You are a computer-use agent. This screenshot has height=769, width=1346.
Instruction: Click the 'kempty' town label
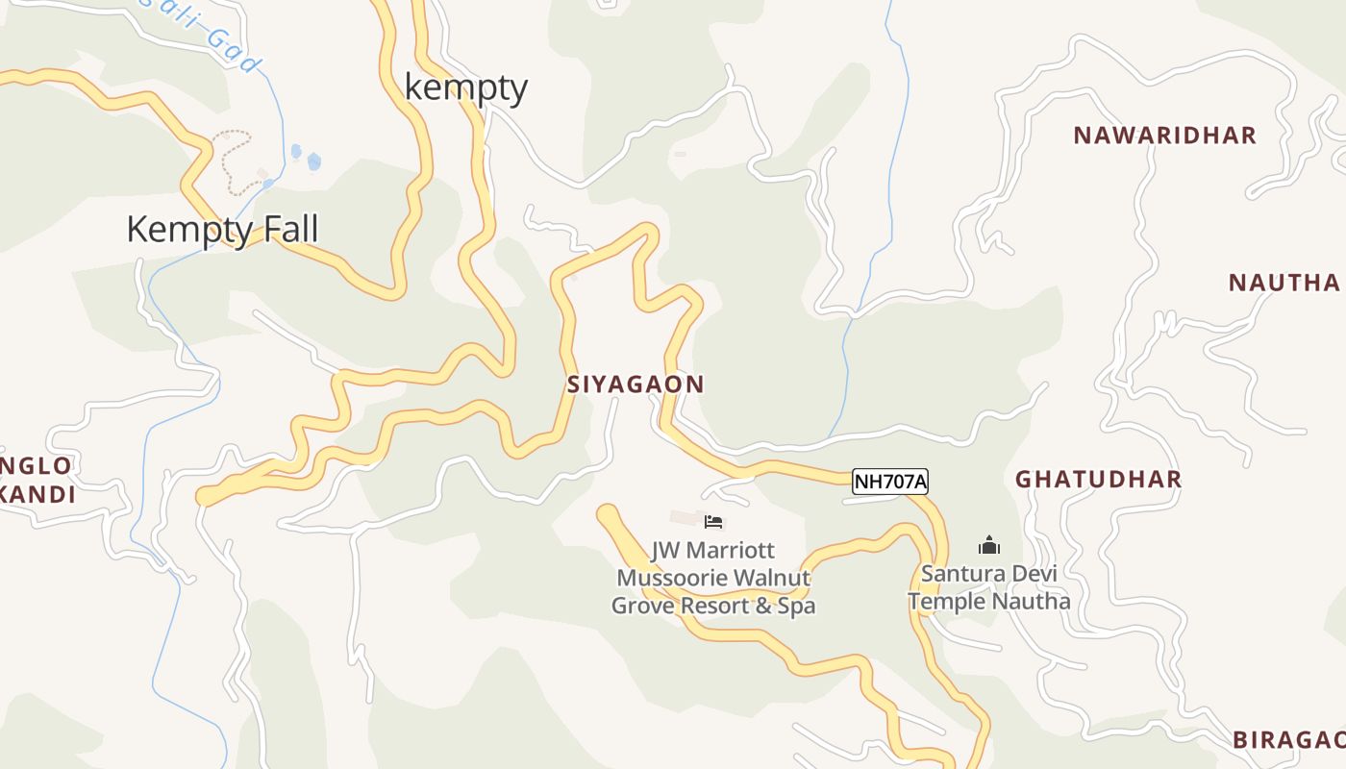point(466,87)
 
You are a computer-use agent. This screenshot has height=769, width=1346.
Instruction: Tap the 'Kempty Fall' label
point(222,230)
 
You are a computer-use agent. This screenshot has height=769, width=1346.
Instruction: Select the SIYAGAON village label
point(636,384)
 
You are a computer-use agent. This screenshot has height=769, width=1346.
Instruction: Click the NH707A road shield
point(890,482)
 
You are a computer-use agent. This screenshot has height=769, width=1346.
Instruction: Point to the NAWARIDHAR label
point(1164,136)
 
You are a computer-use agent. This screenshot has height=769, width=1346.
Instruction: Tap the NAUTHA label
point(1284,283)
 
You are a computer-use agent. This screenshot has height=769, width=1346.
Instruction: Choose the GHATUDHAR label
point(1098,479)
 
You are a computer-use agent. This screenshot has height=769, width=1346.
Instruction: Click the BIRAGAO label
point(1288,739)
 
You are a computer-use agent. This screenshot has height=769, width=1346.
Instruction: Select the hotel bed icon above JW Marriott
point(713,522)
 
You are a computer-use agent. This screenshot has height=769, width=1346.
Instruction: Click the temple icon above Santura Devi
point(989,546)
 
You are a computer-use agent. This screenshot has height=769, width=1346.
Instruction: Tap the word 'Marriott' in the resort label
point(739,552)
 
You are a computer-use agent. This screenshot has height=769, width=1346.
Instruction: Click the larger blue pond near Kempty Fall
point(313,161)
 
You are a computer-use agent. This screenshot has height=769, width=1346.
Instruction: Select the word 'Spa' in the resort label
point(798,607)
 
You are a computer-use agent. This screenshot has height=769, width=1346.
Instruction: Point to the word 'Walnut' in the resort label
point(773,579)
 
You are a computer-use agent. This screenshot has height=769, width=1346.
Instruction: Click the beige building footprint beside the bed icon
point(685,518)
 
